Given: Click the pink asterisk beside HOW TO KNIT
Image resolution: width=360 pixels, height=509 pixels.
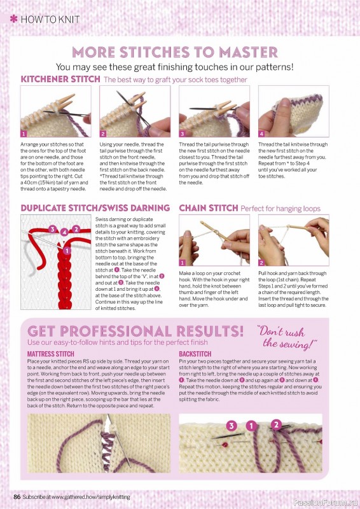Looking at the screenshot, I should coord(13,19).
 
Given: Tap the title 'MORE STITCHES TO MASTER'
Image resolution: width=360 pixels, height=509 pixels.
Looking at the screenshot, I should coord(174,52).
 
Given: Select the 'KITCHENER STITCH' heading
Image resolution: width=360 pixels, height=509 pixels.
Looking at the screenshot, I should coord(60,80).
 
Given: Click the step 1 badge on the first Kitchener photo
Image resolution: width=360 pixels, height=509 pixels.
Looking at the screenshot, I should coord(24,134).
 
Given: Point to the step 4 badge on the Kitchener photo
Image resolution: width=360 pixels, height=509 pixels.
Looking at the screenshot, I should coord(261,134).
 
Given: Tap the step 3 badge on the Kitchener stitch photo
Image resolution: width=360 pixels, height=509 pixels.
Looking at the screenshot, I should coord(182,134).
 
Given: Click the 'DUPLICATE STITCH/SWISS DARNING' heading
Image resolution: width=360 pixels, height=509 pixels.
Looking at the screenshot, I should coord(95,208).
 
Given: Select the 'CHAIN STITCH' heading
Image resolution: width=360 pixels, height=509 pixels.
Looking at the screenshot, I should coord(207,208).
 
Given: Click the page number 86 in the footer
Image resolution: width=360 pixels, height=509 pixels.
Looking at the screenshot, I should coord(17,496).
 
